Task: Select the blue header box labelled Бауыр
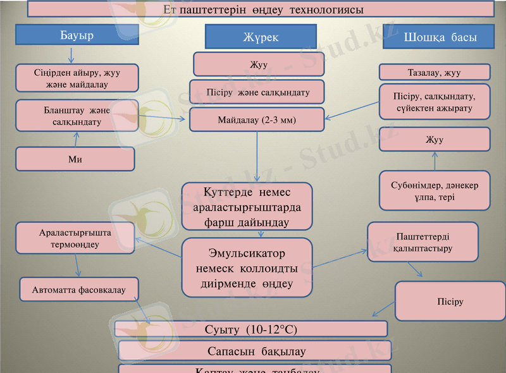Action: point(77,35)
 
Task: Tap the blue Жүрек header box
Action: point(261,37)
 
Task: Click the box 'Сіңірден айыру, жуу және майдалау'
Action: point(77,78)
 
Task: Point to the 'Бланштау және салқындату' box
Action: point(77,116)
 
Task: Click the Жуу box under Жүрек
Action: point(259,64)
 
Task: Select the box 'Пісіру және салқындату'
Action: point(257,92)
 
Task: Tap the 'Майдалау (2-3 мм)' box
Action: point(257,119)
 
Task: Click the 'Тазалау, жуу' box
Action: point(434,73)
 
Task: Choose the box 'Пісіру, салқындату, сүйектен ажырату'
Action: point(434,102)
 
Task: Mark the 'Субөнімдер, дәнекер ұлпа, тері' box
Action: point(434,191)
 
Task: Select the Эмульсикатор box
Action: point(247,267)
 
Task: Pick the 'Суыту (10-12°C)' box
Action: point(250,329)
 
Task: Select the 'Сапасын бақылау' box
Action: point(256,351)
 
